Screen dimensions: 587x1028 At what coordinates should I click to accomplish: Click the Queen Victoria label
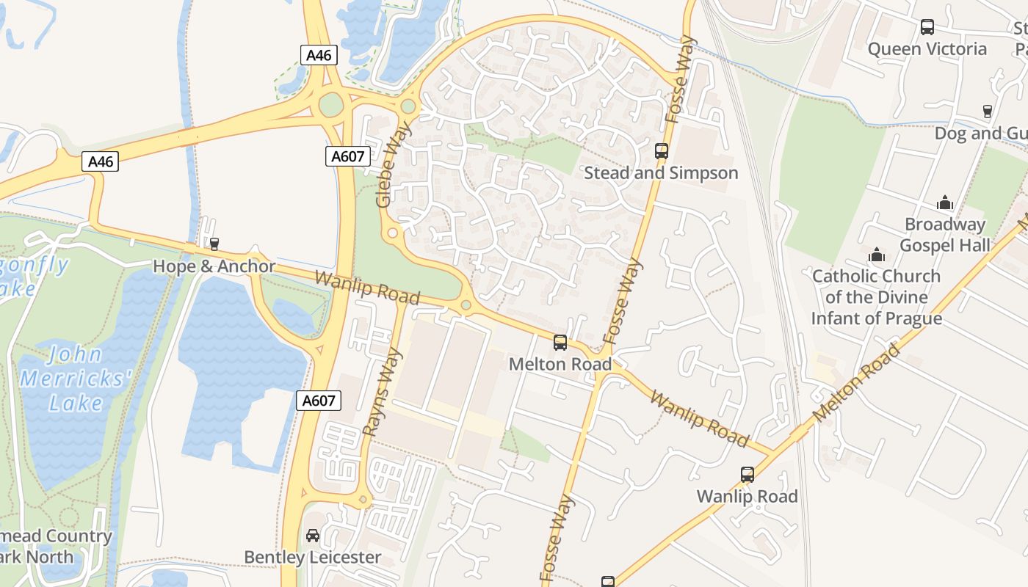(x=927, y=49)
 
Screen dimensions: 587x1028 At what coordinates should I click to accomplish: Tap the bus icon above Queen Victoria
(x=927, y=28)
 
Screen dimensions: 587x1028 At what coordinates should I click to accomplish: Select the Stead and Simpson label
(x=661, y=173)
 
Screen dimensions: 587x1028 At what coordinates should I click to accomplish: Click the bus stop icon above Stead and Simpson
(x=662, y=151)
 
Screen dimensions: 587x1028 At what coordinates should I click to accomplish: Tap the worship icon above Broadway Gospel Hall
(x=945, y=203)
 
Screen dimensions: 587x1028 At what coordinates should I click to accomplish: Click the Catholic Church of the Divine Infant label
(x=876, y=297)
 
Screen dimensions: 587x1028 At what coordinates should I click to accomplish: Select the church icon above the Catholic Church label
(x=876, y=255)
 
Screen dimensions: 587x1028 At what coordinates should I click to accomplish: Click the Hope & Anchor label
(x=214, y=266)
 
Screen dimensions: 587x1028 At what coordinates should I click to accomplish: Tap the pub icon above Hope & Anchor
(x=214, y=244)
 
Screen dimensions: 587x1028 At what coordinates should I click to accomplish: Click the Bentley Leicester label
(x=312, y=558)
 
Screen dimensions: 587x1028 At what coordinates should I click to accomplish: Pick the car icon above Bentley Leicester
(x=313, y=536)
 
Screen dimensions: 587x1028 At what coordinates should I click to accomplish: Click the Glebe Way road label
(x=393, y=165)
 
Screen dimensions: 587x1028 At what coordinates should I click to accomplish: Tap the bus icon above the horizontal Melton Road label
(x=560, y=343)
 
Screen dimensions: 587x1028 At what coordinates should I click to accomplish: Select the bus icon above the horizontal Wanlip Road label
(x=748, y=475)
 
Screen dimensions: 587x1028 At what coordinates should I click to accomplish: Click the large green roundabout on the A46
(x=331, y=106)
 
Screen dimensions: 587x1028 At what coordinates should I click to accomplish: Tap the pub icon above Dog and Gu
(x=988, y=112)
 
